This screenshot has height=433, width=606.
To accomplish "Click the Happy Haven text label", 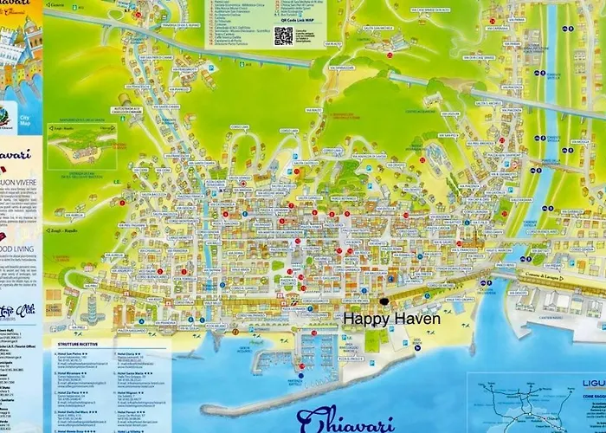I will (x=392, y=319).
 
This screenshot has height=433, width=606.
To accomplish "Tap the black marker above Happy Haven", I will (x=384, y=301).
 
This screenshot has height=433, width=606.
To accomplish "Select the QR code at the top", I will (x=284, y=36).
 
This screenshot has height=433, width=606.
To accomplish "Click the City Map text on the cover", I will (x=23, y=120).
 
